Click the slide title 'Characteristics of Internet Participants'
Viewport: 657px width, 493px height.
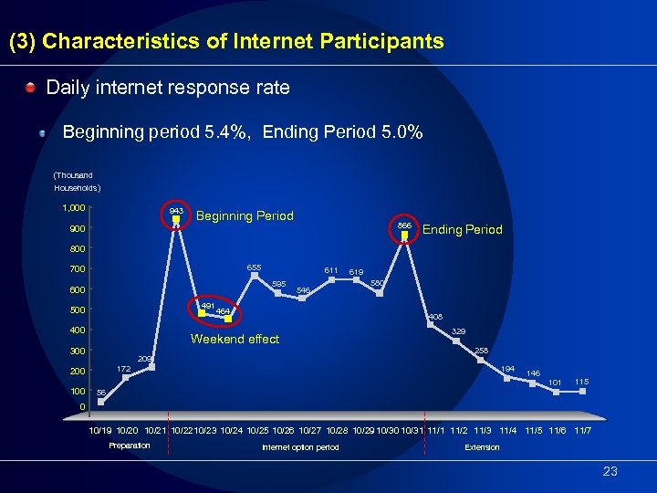(x=243, y=42)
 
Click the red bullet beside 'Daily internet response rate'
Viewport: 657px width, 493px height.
(x=30, y=89)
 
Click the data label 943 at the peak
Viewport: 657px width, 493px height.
(x=177, y=211)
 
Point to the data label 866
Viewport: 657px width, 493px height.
(x=405, y=225)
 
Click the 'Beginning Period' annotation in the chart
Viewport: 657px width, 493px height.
(x=245, y=216)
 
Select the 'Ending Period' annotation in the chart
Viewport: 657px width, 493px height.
(x=462, y=230)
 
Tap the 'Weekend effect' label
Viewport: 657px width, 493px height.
(x=235, y=340)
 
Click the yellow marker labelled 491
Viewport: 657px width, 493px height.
(x=202, y=313)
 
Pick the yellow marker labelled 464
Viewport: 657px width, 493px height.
(x=228, y=320)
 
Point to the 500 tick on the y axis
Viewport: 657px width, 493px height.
(x=78, y=310)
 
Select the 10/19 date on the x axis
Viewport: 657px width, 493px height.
(x=100, y=430)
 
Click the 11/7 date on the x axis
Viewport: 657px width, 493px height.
(x=582, y=430)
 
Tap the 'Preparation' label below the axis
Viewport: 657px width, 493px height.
(x=130, y=446)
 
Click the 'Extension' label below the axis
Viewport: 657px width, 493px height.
(x=482, y=447)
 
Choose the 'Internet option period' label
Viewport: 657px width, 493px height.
(x=300, y=447)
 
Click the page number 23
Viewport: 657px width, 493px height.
(x=610, y=471)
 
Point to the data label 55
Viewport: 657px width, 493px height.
(x=101, y=392)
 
